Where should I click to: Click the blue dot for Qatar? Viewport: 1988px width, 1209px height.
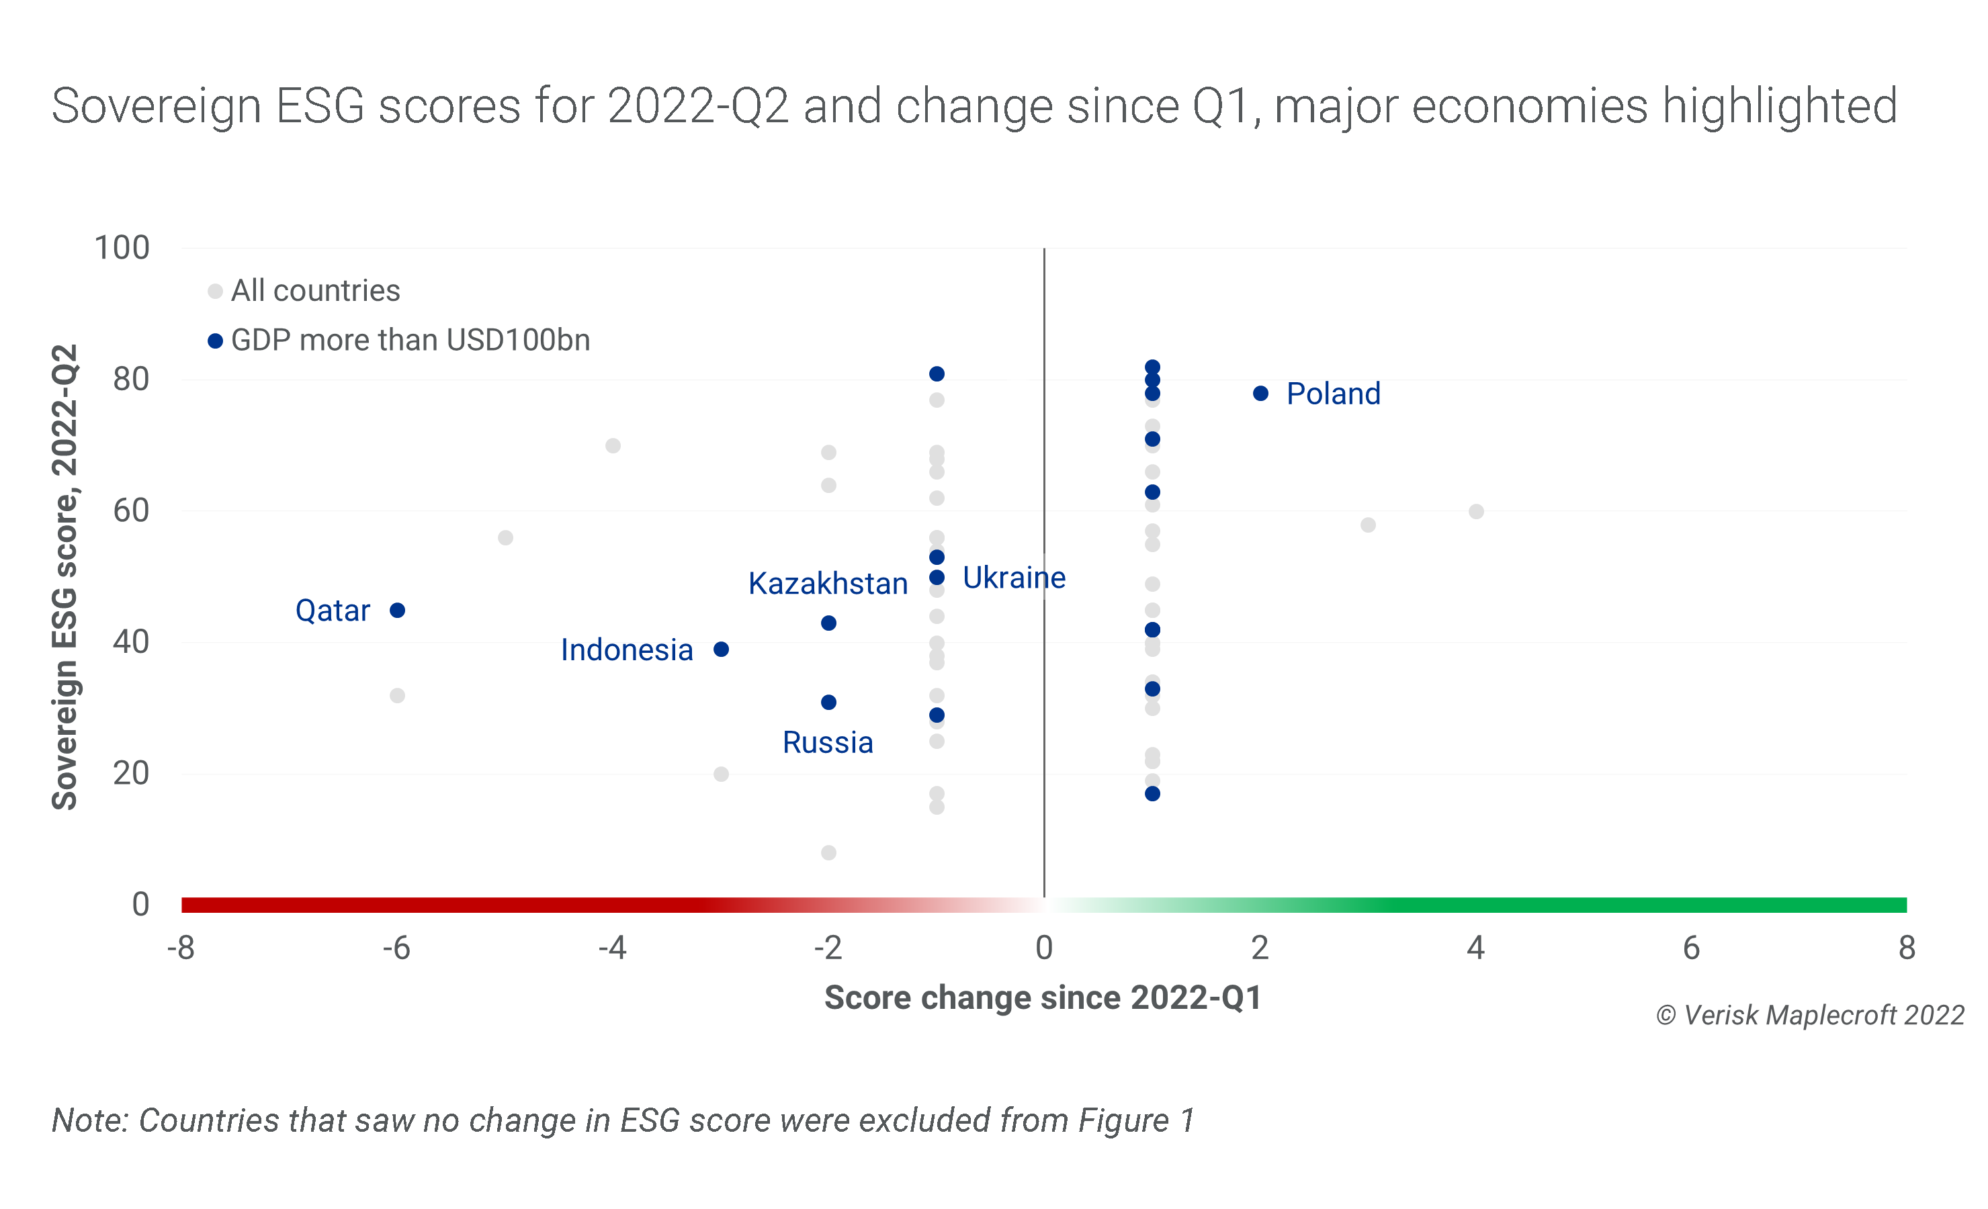(x=397, y=611)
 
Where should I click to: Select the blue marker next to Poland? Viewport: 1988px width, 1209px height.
(x=1260, y=394)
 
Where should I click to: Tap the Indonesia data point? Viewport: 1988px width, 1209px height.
(x=722, y=650)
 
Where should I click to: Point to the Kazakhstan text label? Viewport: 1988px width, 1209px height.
(x=828, y=584)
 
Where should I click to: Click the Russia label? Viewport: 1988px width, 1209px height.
(x=828, y=743)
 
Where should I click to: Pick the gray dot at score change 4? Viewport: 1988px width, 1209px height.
(x=1475, y=511)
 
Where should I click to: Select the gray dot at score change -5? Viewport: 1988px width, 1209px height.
(x=505, y=538)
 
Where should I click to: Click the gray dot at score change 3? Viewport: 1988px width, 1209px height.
(x=1368, y=525)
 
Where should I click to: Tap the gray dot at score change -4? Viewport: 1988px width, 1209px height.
(x=613, y=446)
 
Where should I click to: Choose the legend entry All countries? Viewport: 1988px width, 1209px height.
(x=314, y=291)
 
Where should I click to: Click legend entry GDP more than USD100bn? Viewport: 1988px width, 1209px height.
(x=410, y=341)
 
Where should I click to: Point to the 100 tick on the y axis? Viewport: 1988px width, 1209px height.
(x=122, y=249)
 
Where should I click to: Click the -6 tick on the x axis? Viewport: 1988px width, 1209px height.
(x=396, y=948)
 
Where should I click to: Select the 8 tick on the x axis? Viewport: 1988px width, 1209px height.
(x=1907, y=948)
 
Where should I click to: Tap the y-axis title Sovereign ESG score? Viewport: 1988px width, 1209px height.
(x=65, y=577)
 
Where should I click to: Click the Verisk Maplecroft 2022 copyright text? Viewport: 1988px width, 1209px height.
(x=1810, y=1016)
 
